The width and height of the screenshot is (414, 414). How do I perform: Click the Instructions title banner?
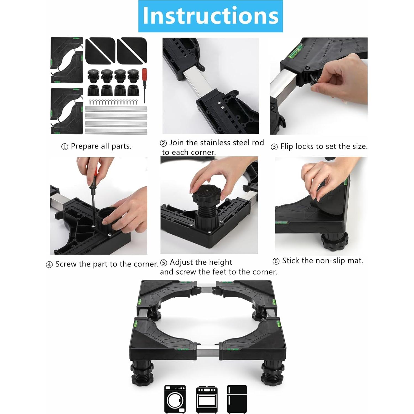click(210, 16)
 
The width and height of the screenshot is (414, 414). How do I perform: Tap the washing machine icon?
click(175, 399)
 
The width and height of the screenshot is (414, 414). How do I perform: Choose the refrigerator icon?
click(237, 399)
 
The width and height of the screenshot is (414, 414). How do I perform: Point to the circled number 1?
click(64, 147)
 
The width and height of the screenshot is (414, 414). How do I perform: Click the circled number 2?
click(163, 143)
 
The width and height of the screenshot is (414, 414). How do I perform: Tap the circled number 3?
click(274, 147)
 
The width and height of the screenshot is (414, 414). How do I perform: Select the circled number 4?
click(49, 265)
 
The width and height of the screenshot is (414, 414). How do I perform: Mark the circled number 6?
click(276, 261)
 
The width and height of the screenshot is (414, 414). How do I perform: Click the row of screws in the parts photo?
click(113, 102)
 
